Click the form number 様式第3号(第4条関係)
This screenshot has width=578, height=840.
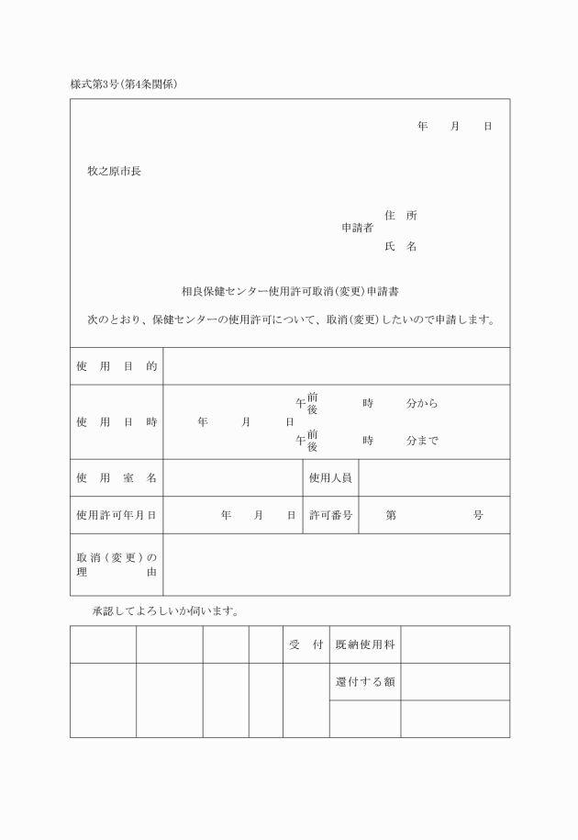click(x=123, y=84)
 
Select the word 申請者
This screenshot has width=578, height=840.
click(x=357, y=227)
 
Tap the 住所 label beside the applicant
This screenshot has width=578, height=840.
click(x=400, y=216)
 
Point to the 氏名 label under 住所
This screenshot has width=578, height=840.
click(x=400, y=246)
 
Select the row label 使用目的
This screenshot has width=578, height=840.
click(x=117, y=366)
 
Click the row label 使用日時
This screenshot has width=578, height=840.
click(x=117, y=421)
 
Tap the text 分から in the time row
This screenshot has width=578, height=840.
click(x=422, y=403)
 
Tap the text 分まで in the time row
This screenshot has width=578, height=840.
click(x=422, y=440)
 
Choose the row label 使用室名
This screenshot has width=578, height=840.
click(x=117, y=477)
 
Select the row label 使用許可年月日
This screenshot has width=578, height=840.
click(x=117, y=515)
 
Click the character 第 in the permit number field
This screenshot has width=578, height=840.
click(x=391, y=515)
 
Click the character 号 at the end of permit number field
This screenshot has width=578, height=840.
click(x=478, y=515)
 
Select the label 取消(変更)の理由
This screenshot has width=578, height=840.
click(x=117, y=565)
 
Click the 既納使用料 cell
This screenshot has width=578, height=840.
click(x=365, y=644)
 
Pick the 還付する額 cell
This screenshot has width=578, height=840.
click(x=365, y=681)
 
